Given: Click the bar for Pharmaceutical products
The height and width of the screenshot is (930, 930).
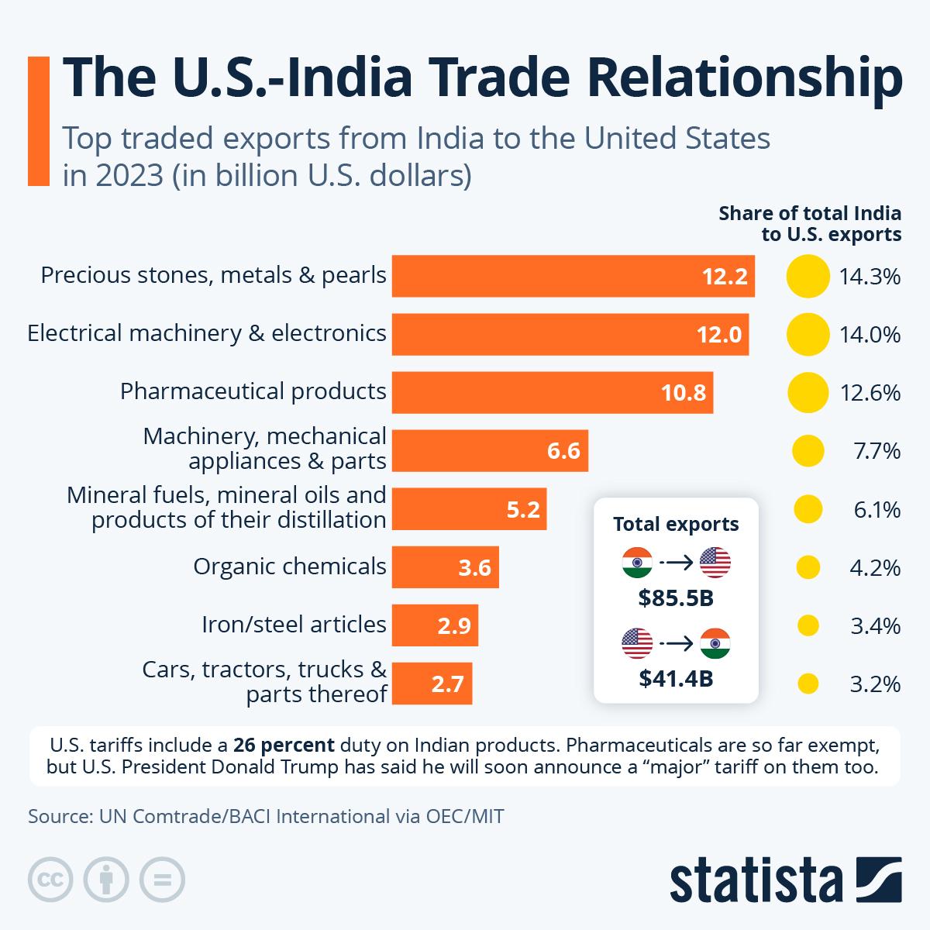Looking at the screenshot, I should point(552,392).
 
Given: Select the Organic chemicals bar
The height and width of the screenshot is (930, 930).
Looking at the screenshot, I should point(445,567).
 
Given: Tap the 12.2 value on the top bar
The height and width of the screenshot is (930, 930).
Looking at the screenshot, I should point(724,277).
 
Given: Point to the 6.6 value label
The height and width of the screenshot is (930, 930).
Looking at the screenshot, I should point(563,450).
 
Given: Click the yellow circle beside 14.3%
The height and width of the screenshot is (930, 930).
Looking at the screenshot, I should point(808,276).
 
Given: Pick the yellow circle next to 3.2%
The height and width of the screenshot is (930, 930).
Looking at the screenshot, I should point(808,684).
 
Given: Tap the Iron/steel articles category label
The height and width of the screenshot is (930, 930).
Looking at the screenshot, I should point(294,624).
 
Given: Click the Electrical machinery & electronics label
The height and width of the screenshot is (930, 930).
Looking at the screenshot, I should point(207,333).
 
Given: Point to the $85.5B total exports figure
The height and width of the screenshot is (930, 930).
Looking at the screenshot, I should point(676,598).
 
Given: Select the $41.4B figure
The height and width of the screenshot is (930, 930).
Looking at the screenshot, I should point(676,679).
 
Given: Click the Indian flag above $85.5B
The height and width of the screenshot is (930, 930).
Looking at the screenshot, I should point(637,563).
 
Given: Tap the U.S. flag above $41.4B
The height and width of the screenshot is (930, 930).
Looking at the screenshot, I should point(637,643).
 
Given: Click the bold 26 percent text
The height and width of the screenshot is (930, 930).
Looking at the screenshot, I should point(284,746).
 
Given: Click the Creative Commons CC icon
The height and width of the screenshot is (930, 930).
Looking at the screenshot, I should point(50,880).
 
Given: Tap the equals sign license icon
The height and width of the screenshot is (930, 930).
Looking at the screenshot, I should point(162,880).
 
